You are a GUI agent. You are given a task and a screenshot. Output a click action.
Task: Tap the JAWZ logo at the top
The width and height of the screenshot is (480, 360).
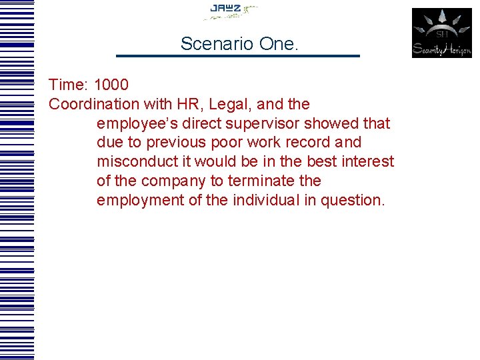pos(229,11)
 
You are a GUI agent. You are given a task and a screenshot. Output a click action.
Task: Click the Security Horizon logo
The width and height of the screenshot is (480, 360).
pos(441,33)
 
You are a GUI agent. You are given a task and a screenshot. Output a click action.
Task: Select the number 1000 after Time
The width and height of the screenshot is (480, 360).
pos(112,85)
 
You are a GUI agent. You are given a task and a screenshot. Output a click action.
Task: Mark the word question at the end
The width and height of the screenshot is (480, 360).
pos(353,201)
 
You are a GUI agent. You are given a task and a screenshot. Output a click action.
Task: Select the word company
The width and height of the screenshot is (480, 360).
pos(174,181)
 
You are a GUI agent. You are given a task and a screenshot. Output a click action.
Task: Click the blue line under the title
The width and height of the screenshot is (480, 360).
pos(238,55)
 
